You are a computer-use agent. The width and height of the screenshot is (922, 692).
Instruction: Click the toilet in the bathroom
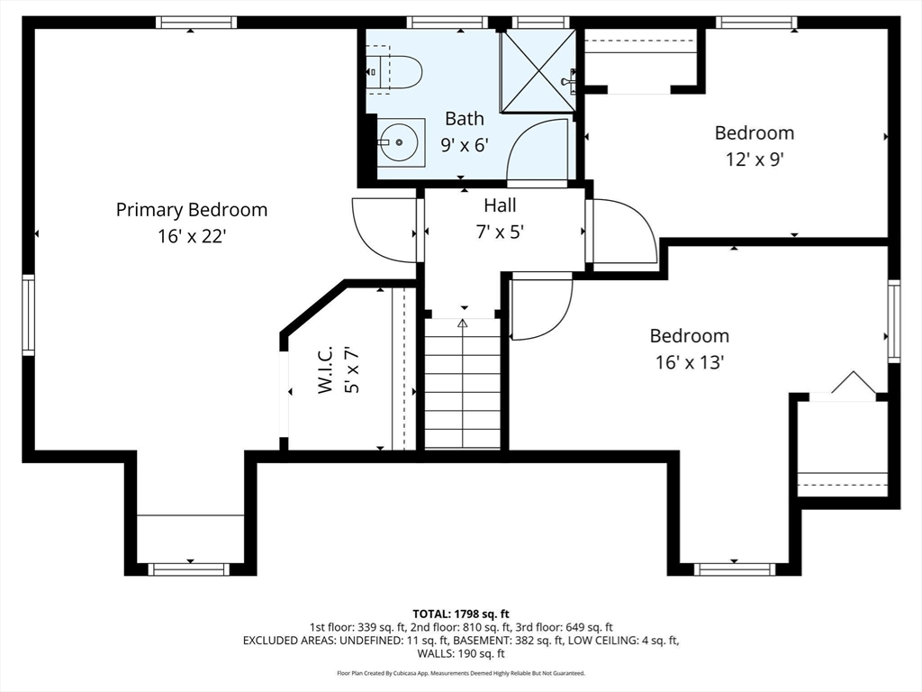[394, 72]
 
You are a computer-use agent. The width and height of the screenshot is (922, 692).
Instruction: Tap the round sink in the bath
[398, 142]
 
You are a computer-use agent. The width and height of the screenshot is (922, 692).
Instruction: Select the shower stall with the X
[538, 70]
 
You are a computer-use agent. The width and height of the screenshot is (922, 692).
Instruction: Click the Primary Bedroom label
[192, 210]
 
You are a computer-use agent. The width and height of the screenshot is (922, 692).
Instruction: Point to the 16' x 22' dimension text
[192, 237]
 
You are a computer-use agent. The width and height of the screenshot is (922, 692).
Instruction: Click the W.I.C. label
[325, 369]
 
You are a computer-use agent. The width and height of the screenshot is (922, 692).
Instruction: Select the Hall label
[501, 205]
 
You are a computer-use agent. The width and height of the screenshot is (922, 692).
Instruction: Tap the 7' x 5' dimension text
[500, 232]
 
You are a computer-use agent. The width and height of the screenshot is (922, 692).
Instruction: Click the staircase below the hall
[462, 384]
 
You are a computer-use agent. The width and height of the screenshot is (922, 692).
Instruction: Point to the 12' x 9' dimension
[755, 159]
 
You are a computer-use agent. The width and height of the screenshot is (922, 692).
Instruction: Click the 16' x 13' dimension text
[689, 362]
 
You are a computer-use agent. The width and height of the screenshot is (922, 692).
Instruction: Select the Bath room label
[465, 119]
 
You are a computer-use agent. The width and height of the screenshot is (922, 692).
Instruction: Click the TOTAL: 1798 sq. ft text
[461, 615]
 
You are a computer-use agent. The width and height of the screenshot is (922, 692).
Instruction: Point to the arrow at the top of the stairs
[462, 323]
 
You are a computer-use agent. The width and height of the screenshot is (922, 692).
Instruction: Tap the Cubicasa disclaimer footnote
[461, 673]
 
